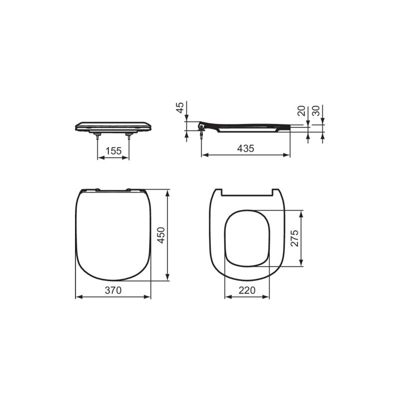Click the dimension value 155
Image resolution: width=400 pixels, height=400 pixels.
113,150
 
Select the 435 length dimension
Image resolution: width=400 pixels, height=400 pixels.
245,148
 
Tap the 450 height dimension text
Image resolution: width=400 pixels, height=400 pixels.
161,234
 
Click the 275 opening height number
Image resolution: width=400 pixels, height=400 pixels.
294,239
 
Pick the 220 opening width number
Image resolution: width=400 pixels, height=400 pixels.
247,289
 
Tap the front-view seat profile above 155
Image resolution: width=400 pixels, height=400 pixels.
112,125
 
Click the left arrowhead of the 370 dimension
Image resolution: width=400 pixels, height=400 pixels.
77,296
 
